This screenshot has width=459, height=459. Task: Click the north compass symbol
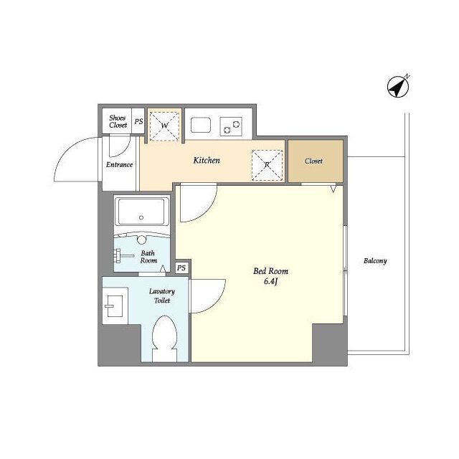398,87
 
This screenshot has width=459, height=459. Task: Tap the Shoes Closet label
118,121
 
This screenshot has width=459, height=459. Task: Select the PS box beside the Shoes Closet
138,121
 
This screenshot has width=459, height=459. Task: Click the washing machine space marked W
164,126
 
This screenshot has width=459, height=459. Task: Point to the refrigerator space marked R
267,165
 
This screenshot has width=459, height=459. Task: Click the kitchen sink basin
201,126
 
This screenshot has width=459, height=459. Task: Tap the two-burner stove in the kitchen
231,126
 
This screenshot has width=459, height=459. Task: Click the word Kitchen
207,161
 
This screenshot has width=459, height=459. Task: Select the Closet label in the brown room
313,161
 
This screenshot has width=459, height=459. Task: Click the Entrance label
120,164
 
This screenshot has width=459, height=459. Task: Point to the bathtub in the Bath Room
142,211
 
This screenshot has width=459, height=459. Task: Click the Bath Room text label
148,257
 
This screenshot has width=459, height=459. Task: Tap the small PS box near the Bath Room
181,268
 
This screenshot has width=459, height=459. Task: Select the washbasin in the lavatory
115,306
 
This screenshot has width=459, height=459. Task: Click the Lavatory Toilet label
162,295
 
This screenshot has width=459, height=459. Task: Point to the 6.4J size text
271,281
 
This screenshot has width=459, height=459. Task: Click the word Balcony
375,260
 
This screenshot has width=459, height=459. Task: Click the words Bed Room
271,271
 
